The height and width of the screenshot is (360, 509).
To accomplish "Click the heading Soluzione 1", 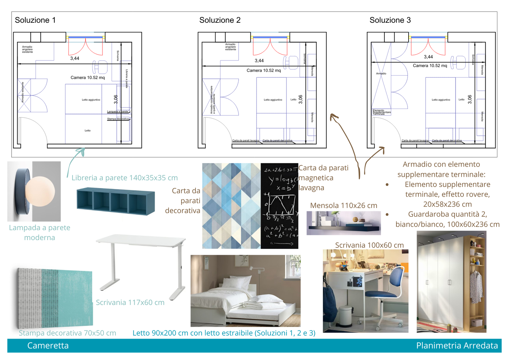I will tap(35, 20).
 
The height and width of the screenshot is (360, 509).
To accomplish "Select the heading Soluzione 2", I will tap(220, 20).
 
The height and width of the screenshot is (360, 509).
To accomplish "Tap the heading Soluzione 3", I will tap(390, 20).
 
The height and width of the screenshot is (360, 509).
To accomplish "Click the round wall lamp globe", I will tap(40, 191).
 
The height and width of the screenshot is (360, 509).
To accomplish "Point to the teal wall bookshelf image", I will tap(116, 202).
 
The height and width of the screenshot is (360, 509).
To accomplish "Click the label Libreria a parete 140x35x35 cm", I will tap(125, 178).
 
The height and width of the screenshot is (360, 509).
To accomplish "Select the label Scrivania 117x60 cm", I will tap(130, 302).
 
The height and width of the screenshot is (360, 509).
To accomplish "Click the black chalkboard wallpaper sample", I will tap(279, 206).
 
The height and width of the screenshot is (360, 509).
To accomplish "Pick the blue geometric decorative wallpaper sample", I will tap(231, 206).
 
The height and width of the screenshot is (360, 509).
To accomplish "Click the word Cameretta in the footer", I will tap(48, 345).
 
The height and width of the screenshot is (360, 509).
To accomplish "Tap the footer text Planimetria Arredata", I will tap(457, 345).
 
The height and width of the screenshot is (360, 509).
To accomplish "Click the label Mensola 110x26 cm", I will tap(343, 206).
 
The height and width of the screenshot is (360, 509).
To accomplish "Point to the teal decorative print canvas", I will tap(55, 298).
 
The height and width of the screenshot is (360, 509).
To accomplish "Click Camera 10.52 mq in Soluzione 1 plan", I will tap(88, 78).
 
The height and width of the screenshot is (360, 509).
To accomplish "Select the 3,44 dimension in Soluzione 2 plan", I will tap(259, 61).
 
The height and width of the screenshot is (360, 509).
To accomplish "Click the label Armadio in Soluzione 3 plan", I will tap(381, 73).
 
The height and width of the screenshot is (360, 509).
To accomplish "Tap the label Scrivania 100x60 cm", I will tap(369, 245).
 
